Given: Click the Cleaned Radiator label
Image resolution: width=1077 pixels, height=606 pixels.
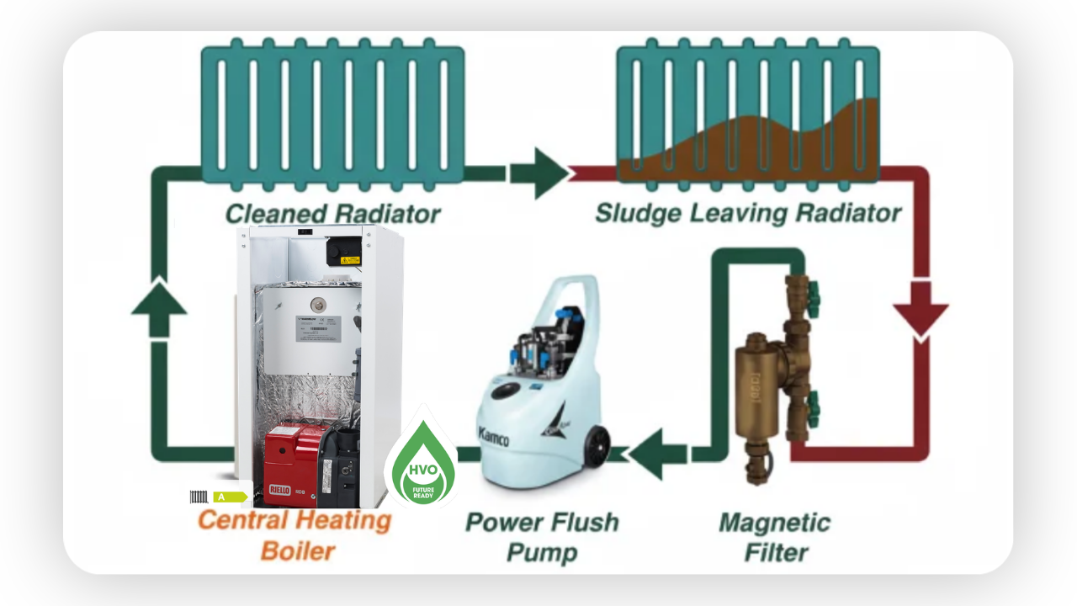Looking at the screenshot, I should tap(332, 213).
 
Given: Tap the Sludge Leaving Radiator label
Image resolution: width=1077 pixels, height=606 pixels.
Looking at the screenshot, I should tap(748, 212).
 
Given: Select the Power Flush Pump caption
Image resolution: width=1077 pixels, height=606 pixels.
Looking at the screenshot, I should tap(542, 536).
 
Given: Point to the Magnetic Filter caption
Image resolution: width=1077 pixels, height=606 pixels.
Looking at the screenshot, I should tap(774, 537).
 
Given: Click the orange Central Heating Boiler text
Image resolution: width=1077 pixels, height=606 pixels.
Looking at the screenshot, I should tap(295, 535).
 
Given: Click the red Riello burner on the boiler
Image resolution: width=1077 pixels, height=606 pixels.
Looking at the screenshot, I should tap(290, 463).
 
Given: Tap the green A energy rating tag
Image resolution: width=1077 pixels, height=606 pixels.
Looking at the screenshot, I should tap(229, 497).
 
